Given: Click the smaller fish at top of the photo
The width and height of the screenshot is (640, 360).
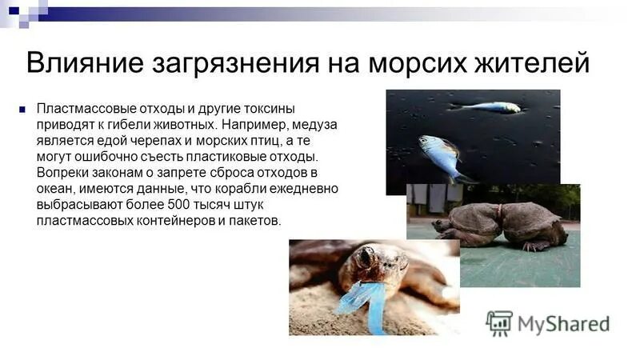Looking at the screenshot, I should pyautogui.click(x=486, y=107).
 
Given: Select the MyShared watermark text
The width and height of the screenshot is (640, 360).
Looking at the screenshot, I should pyautogui.click(x=563, y=323).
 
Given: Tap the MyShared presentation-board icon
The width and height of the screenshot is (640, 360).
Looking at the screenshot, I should pyautogui.click(x=499, y=323).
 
